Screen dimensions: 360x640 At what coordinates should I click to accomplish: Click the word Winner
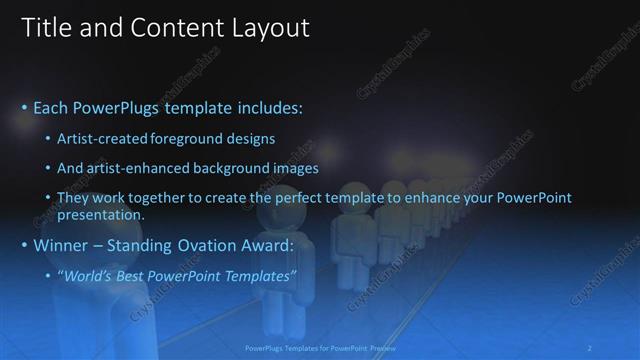click(61, 245)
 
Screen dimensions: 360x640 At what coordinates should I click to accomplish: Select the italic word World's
click(87, 275)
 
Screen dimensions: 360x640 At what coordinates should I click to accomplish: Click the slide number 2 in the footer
click(590, 349)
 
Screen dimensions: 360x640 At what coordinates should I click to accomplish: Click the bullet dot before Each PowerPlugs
click(24, 107)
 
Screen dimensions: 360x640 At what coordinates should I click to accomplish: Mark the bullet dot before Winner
click(24, 246)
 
